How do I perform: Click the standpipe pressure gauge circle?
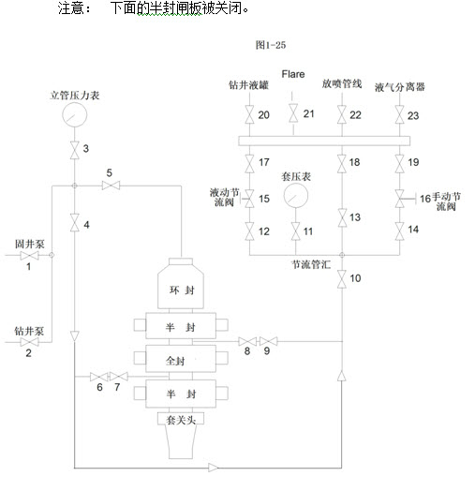(x=75, y=114)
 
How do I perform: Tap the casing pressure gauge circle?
(x=295, y=196)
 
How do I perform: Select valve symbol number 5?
(x=111, y=186)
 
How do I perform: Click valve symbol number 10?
(x=342, y=279)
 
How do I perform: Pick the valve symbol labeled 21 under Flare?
(x=293, y=113)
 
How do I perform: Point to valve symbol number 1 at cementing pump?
(x=29, y=255)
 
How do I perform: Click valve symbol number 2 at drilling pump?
(x=29, y=342)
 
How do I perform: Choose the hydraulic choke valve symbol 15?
(x=249, y=199)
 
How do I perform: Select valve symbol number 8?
(x=247, y=341)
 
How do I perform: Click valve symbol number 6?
(x=99, y=377)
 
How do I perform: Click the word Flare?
(x=293, y=74)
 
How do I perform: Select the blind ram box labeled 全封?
(x=181, y=359)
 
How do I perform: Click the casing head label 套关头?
(x=181, y=420)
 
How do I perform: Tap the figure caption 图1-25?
(x=271, y=45)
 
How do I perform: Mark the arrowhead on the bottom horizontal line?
(x=214, y=468)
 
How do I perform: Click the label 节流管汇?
(x=311, y=264)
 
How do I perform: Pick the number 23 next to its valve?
(x=413, y=116)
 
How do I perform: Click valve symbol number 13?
(x=342, y=217)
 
